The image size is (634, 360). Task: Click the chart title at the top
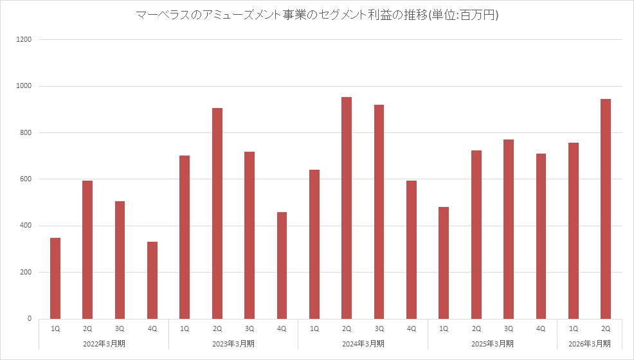pos(317,15)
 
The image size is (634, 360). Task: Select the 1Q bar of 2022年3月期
pos(55,278)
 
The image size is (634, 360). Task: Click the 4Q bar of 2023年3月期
pos(282,265)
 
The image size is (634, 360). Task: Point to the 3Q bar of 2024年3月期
pos(379,212)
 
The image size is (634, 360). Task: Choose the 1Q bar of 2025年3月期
pos(444,262)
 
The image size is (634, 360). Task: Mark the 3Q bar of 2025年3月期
pos(509,229)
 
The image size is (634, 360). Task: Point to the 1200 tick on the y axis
pos(24,40)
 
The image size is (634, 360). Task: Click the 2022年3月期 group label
pos(104,343)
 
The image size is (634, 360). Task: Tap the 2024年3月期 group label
pos(363,343)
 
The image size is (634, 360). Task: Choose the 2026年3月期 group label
pos(589,343)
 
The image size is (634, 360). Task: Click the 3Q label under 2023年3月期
pos(249,328)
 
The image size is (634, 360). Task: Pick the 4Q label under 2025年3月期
pos(541,328)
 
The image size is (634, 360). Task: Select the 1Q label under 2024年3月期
pos(314,328)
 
